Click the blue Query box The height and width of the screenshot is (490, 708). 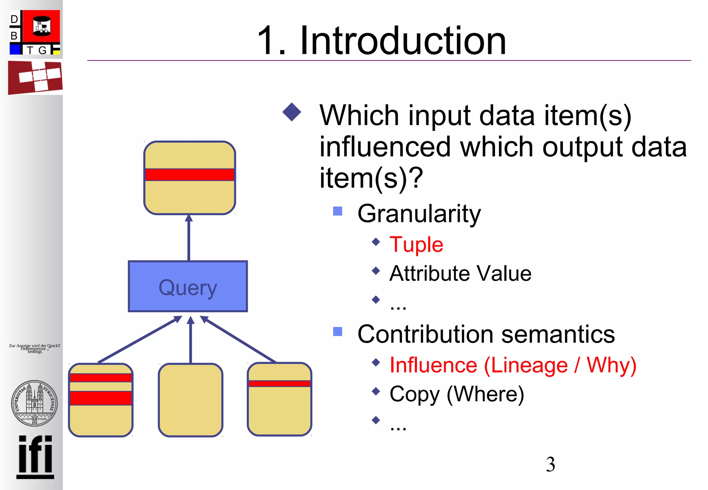pyautogui.click(x=188, y=286)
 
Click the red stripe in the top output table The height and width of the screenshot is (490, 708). pyautogui.click(x=189, y=175)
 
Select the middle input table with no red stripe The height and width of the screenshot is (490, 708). pyautogui.click(x=190, y=400)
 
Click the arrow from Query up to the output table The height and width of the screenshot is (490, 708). pyautogui.click(x=189, y=238)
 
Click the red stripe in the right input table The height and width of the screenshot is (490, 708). pyautogui.click(x=279, y=383)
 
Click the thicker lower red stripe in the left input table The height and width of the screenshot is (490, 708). pyautogui.click(x=101, y=398)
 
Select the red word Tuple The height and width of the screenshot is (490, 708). pyautogui.click(x=416, y=245)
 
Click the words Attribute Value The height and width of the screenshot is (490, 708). pyautogui.click(x=460, y=274)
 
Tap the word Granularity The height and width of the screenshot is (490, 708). pyautogui.click(x=419, y=214)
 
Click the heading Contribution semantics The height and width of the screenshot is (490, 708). pyautogui.click(x=486, y=334)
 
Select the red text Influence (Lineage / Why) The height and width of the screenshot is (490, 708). pyautogui.click(x=513, y=365)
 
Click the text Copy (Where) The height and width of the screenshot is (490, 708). pyautogui.click(x=457, y=394)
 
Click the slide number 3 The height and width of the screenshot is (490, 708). pyautogui.click(x=550, y=464)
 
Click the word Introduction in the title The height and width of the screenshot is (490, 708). pyautogui.click(x=403, y=41)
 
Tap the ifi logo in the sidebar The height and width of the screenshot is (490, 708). pyautogui.click(x=35, y=456)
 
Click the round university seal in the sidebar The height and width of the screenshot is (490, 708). pyautogui.click(x=34, y=403)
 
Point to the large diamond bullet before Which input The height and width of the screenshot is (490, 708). pyautogui.click(x=292, y=112)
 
